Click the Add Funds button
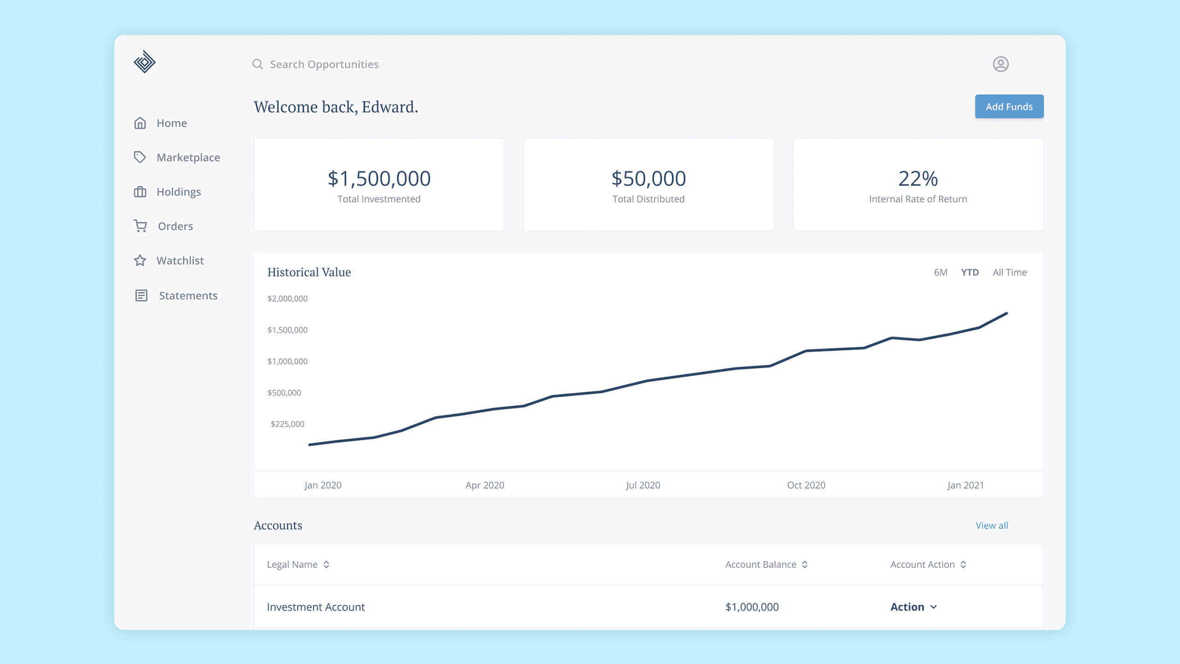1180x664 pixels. pyautogui.click(x=1009, y=107)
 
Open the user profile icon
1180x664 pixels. pyautogui.click(x=1000, y=64)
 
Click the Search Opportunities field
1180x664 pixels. pyautogui.click(x=324, y=64)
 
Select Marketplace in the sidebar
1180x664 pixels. pyautogui.click(x=188, y=158)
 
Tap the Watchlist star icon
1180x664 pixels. pyautogui.click(x=140, y=261)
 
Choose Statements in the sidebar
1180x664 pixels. pyautogui.click(x=188, y=296)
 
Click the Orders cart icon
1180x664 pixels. pyautogui.click(x=140, y=226)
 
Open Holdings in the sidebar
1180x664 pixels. pyautogui.click(x=178, y=192)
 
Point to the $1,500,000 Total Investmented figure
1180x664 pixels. pyautogui.click(x=379, y=178)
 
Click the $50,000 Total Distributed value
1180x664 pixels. pyautogui.click(x=649, y=178)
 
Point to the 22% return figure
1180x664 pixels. pyautogui.click(x=918, y=178)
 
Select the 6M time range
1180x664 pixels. pyautogui.click(x=940, y=273)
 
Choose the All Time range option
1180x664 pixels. pyautogui.click(x=1009, y=273)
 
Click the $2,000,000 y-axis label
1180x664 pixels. pyautogui.click(x=287, y=299)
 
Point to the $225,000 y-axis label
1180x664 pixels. pyautogui.click(x=287, y=424)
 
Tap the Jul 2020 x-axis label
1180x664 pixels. pyautogui.click(x=643, y=485)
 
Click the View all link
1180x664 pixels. pyautogui.click(x=991, y=526)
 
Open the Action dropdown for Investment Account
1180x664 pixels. pyautogui.click(x=913, y=607)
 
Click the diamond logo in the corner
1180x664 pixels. pyautogui.click(x=145, y=62)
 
